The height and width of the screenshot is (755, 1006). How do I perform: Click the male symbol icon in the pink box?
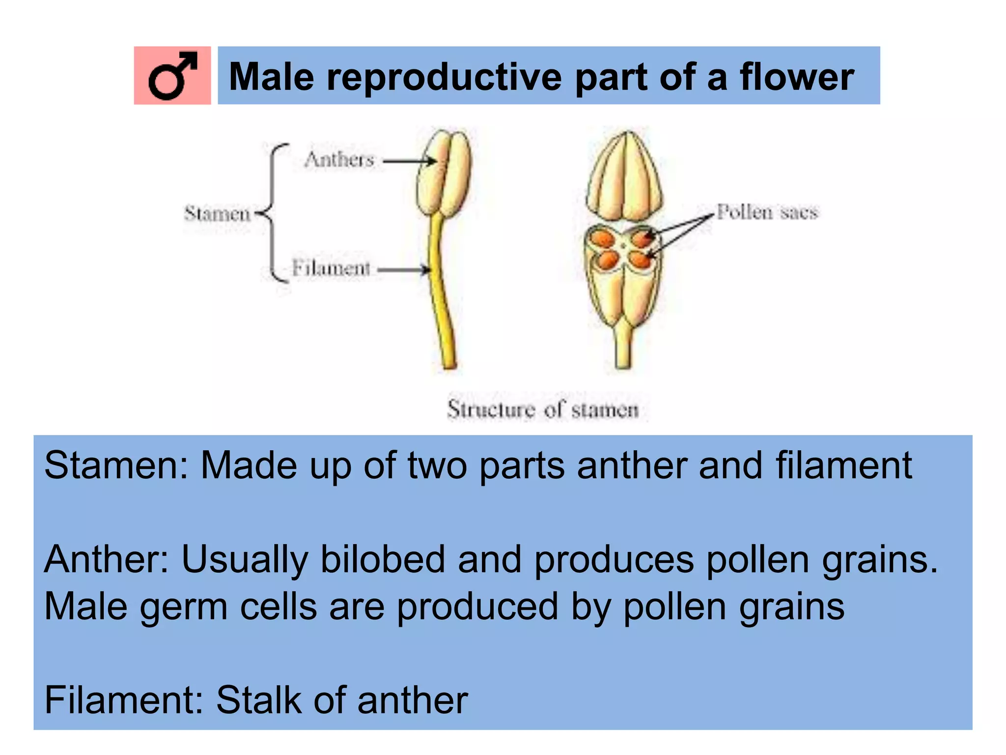point(172,76)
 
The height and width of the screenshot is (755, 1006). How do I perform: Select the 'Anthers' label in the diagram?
point(339,160)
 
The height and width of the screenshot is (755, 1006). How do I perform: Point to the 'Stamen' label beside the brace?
point(217,214)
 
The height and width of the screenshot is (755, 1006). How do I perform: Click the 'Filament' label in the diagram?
point(331,268)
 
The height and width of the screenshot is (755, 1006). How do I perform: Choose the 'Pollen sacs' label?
point(767,212)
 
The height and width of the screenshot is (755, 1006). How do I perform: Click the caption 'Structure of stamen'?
point(543,409)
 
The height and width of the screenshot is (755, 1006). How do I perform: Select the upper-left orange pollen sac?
point(603,239)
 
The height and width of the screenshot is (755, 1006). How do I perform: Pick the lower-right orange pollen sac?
point(640,259)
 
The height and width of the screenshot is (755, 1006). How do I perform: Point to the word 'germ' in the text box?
point(184,608)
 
